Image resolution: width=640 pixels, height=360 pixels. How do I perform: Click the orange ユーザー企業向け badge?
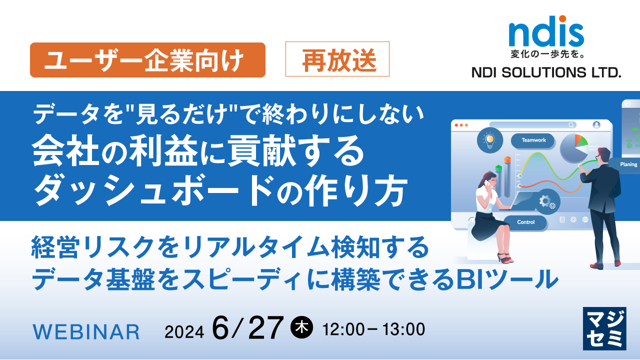pyautogui.click(x=147, y=60)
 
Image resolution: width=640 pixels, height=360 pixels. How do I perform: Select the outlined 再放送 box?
pyautogui.click(x=337, y=59)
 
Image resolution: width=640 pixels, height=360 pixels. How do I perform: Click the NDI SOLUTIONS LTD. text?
pyautogui.click(x=546, y=73)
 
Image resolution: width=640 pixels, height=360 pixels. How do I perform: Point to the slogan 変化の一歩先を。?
pyautogui.click(x=546, y=53)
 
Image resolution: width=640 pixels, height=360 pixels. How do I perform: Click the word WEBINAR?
pyautogui.click(x=86, y=331)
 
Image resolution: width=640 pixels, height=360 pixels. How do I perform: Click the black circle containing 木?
pyautogui.click(x=301, y=327)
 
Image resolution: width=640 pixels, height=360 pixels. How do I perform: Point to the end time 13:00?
pyautogui.click(x=403, y=329)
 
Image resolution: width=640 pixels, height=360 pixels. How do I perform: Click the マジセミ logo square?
pyautogui.click(x=604, y=328)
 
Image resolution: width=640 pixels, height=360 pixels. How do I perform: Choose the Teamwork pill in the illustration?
pyautogui.click(x=533, y=140)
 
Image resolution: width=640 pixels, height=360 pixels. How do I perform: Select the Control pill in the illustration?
pyautogui.click(x=525, y=222)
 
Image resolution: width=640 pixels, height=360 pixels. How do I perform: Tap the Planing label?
pyautogui.click(x=628, y=164)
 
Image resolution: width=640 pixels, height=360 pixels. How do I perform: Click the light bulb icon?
pyautogui.click(x=489, y=139)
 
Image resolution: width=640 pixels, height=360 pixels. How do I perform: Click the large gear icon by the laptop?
pyautogui.click(x=544, y=201)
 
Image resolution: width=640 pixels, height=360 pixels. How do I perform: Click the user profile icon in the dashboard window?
pyautogui.click(x=596, y=125)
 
